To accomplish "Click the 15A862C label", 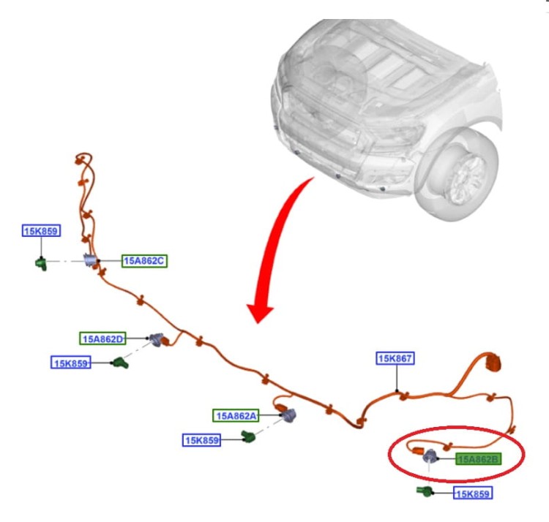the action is click(x=144, y=261).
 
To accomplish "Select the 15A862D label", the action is click(x=102, y=338).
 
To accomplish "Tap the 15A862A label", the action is click(x=236, y=416).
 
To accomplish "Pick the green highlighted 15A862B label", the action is click(x=478, y=458).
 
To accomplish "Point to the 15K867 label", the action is click(x=395, y=358).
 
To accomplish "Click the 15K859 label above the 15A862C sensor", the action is click(x=41, y=231).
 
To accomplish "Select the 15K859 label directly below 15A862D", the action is click(x=71, y=363).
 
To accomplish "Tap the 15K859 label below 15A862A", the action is click(x=202, y=440).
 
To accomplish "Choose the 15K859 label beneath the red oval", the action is click(x=473, y=493).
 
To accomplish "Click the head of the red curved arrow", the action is click(x=260, y=312).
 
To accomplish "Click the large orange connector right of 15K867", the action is click(x=492, y=362).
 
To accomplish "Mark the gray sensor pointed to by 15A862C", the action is click(x=90, y=260).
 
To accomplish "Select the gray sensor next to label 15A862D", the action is click(x=156, y=339).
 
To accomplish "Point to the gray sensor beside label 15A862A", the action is click(x=289, y=415).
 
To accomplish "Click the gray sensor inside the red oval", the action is click(x=430, y=456).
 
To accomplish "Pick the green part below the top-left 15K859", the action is click(x=41, y=263).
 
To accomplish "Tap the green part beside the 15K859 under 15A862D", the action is click(x=120, y=363).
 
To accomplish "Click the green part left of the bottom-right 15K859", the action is click(x=425, y=491).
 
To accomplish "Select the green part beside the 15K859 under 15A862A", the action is click(x=248, y=436).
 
